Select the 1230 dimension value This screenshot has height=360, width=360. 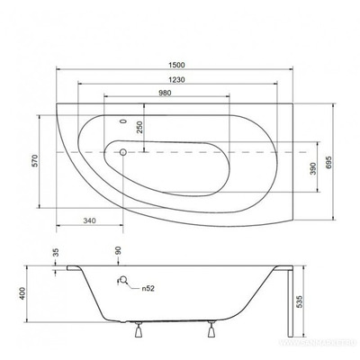pos(184,77)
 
